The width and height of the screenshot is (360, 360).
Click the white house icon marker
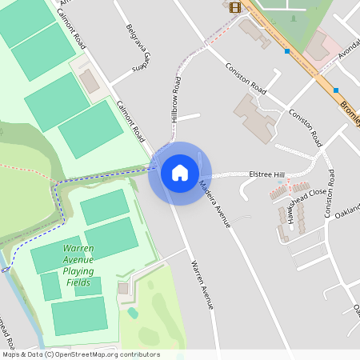tap(179, 173)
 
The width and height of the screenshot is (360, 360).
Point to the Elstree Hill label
tap(266, 174)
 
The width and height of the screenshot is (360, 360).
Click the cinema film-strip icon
tap(234, 7)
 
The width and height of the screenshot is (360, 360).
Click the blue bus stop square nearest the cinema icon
tap(286, 51)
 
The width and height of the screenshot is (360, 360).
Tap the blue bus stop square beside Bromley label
tap(336, 90)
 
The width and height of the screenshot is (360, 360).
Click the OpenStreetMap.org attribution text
tap(80, 354)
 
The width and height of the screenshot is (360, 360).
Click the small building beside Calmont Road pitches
tap(89, 81)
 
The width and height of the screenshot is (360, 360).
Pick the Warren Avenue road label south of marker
tap(202, 285)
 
